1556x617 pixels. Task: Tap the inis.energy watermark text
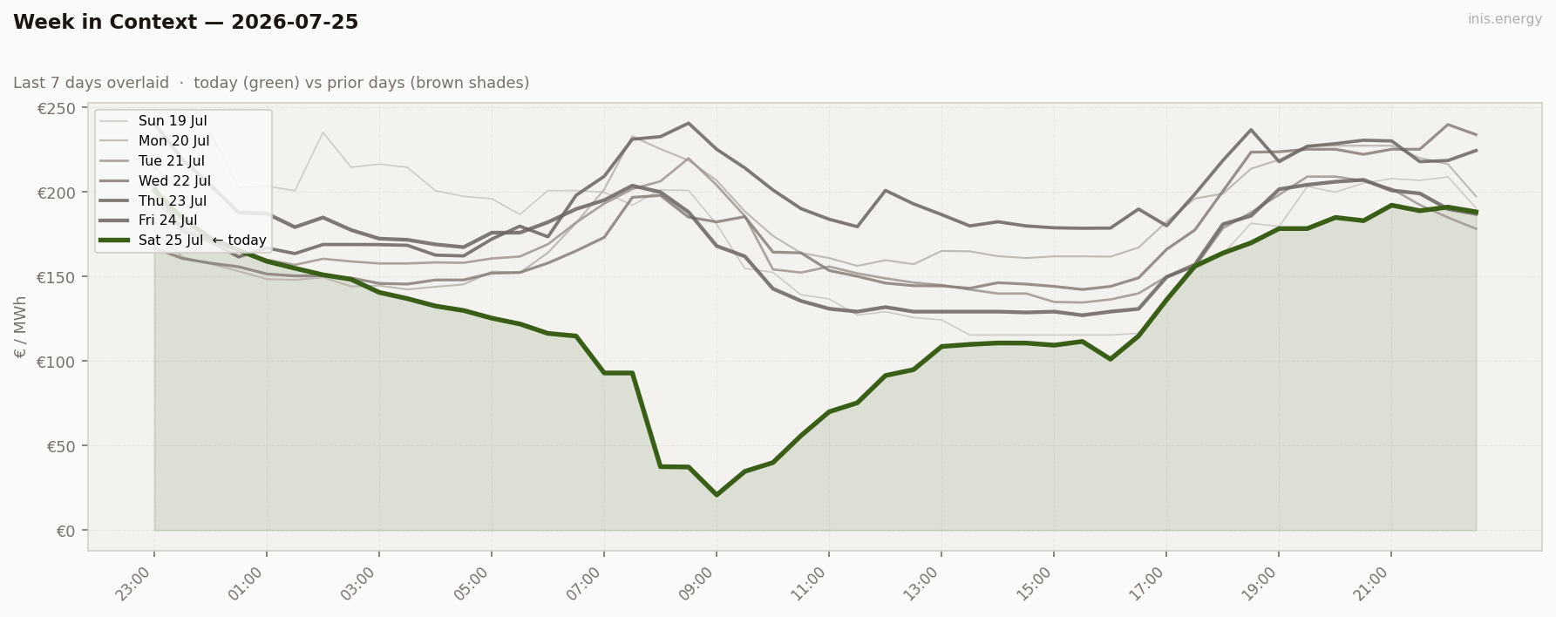coord(1505,19)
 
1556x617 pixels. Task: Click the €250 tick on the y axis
coord(56,109)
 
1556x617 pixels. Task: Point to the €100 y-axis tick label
coord(56,362)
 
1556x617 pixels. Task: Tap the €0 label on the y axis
coord(65,531)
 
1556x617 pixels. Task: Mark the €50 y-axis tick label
coord(60,446)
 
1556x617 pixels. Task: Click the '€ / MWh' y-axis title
coord(21,327)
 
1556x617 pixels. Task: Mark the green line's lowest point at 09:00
coord(717,495)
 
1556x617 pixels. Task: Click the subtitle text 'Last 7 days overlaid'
coord(92,83)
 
